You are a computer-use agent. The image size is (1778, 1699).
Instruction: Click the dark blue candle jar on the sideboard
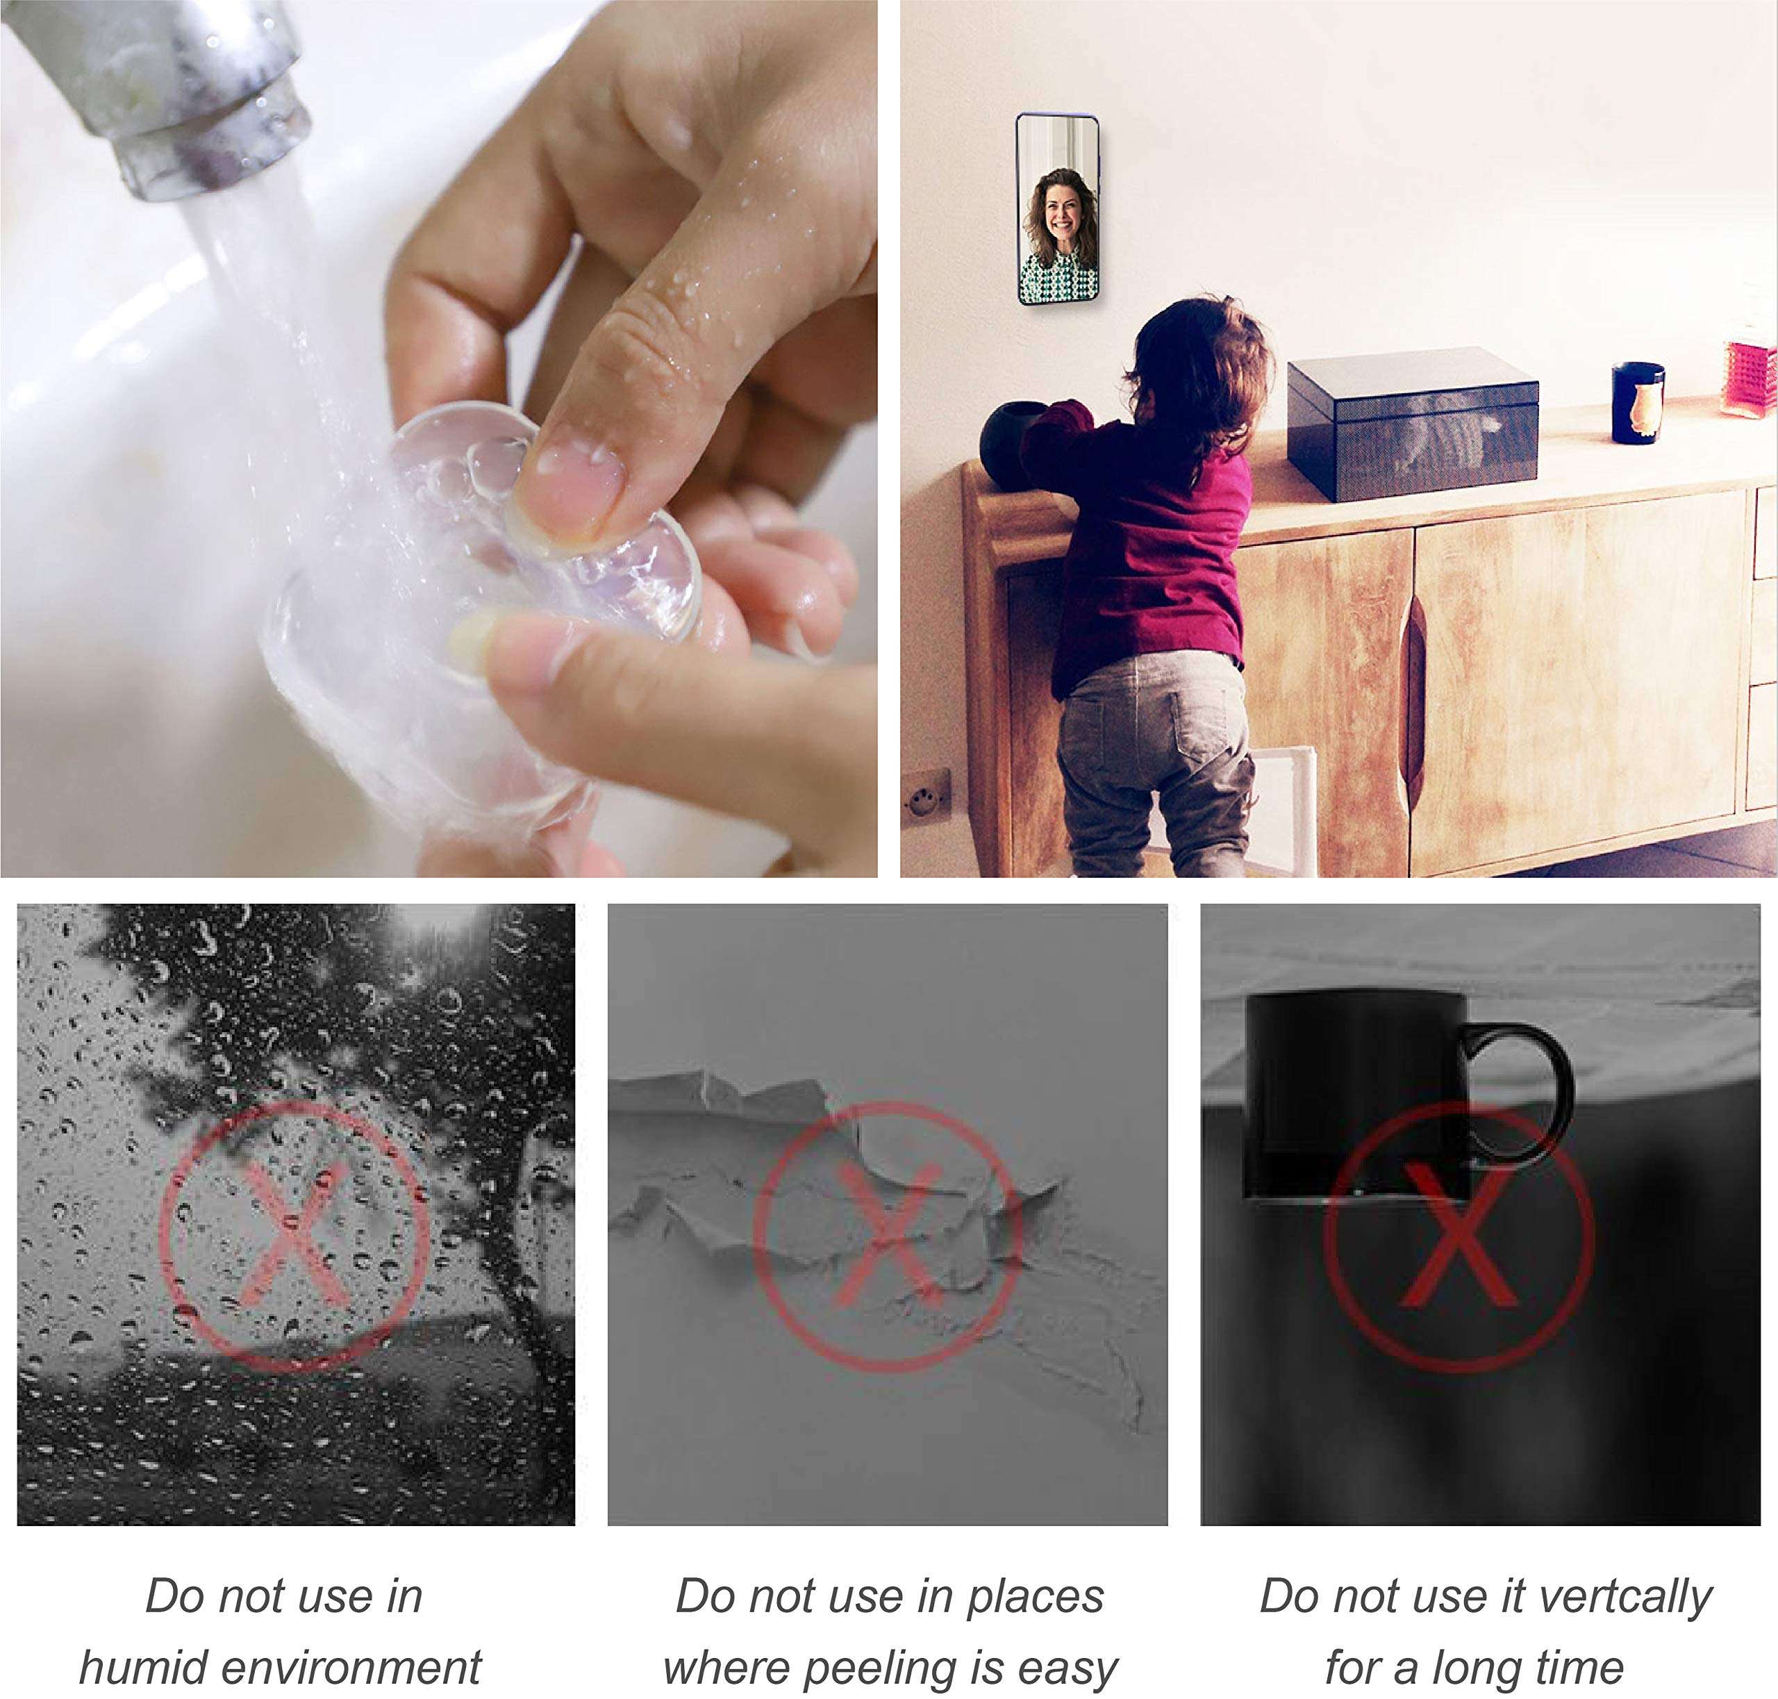[x=1638, y=402]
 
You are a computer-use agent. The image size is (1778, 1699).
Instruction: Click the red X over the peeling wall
[x=888, y=1235]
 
